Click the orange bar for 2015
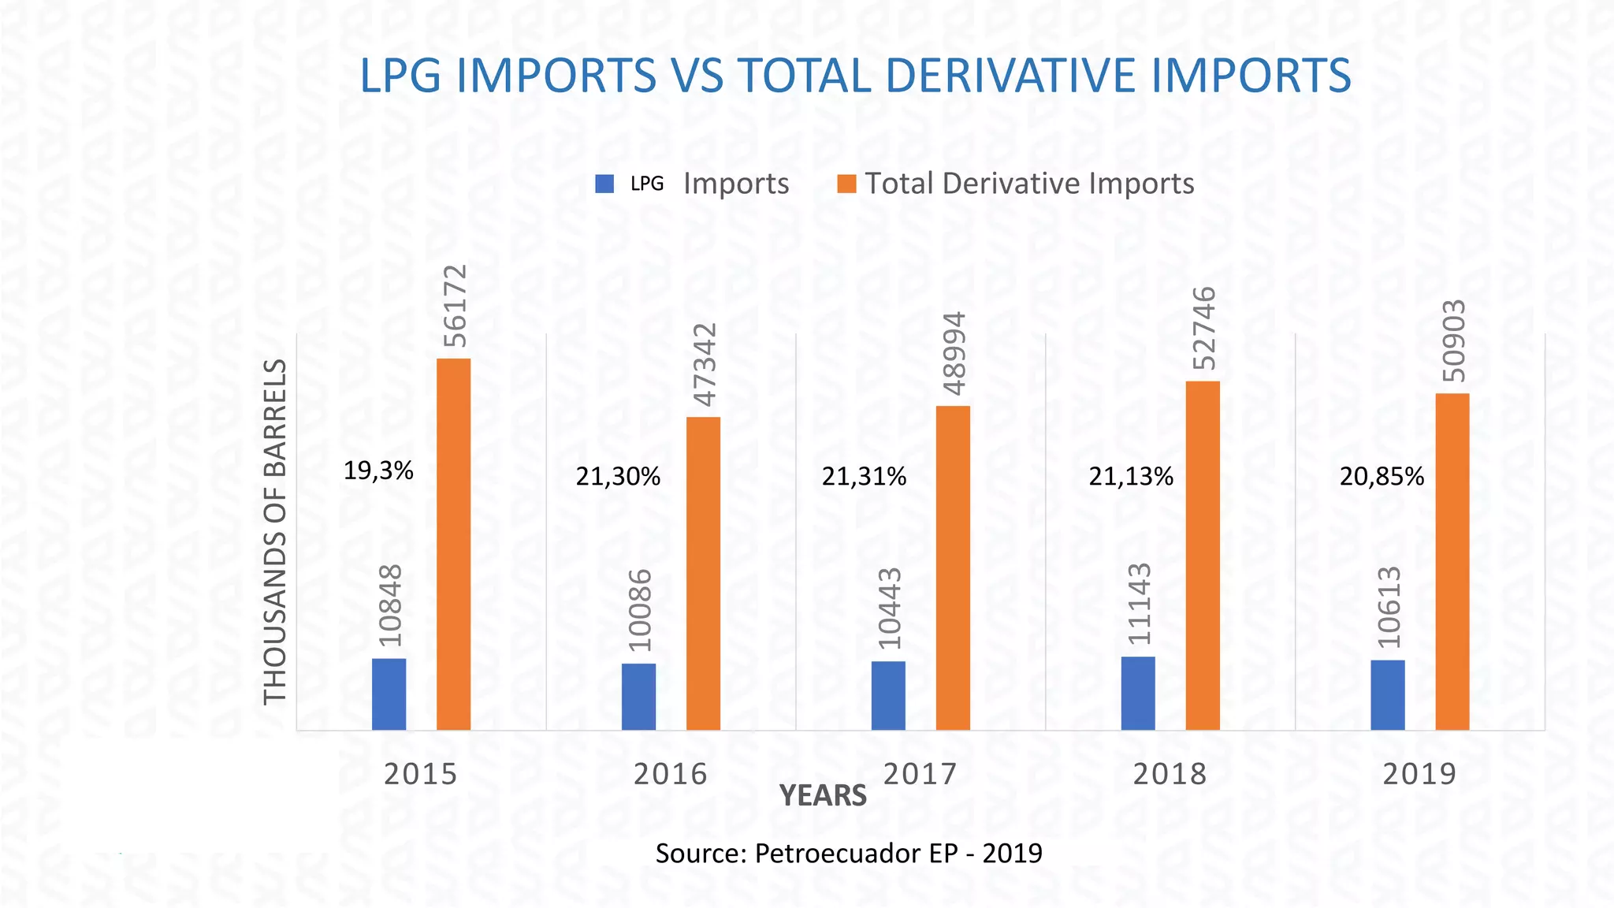click(x=454, y=544)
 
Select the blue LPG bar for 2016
click(x=638, y=696)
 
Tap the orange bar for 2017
click(x=953, y=567)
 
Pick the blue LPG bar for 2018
click(x=1138, y=693)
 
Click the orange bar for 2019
click(x=1452, y=561)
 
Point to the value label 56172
click(x=456, y=306)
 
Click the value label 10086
click(x=641, y=611)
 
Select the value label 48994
click(x=954, y=353)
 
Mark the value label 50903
click(x=1454, y=340)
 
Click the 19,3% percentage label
click(x=378, y=471)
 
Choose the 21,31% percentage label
click(x=864, y=477)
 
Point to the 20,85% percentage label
click(x=1382, y=477)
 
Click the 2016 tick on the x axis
click(x=671, y=774)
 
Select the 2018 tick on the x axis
click(x=1170, y=774)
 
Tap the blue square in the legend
click(x=604, y=184)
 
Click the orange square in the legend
click(x=846, y=184)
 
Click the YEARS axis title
click(x=823, y=796)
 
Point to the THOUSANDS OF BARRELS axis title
click(x=274, y=531)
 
